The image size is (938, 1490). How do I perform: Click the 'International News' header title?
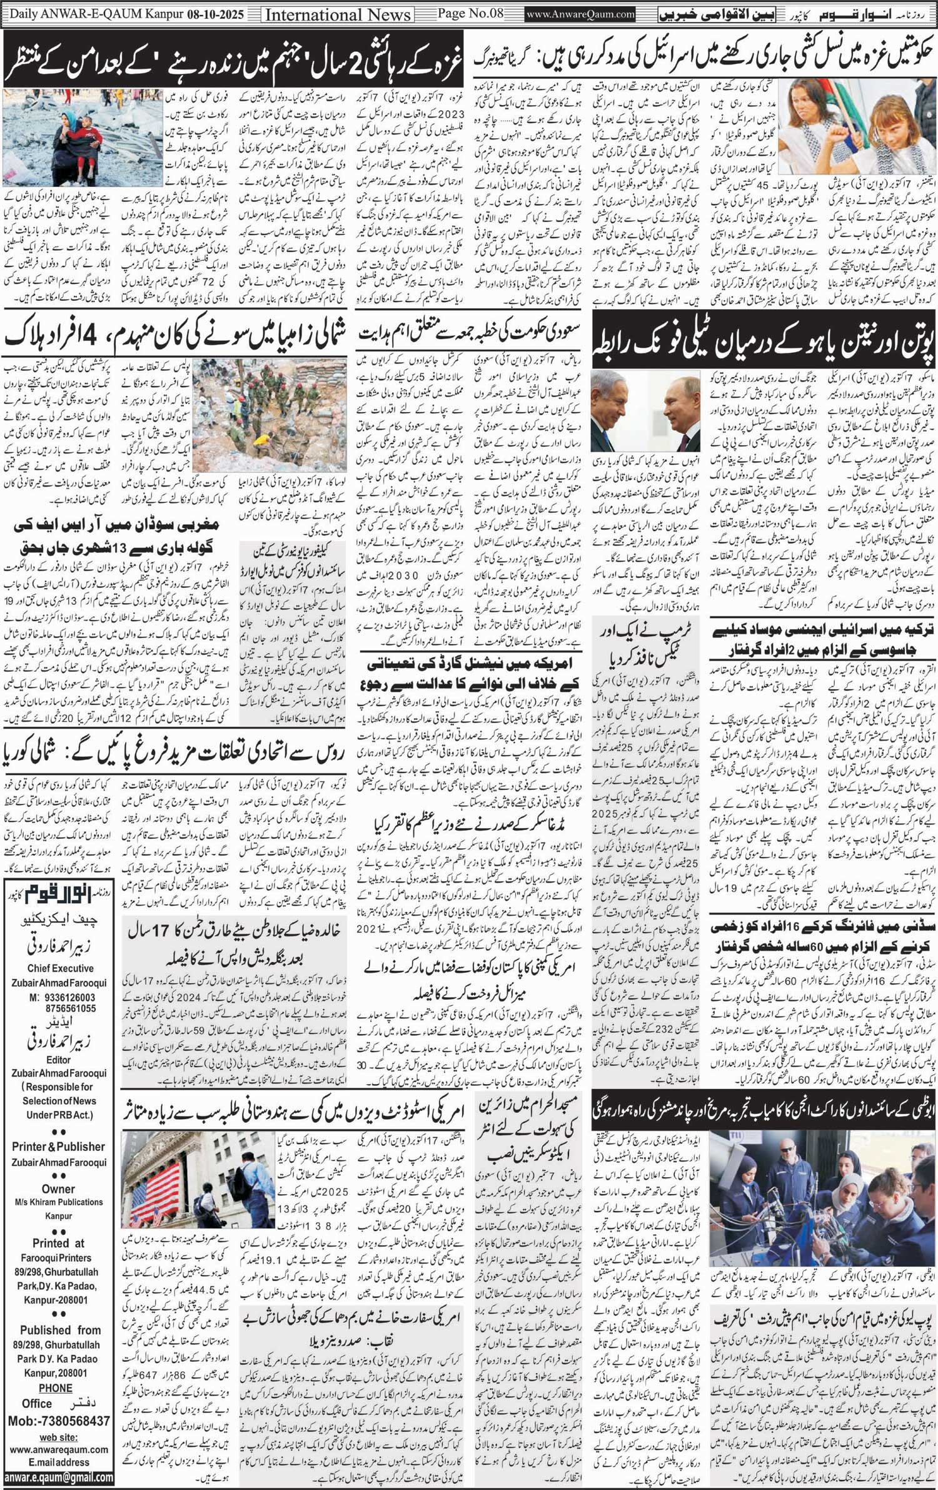tap(338, 14)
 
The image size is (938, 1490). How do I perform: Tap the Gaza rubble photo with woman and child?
tap(82, 138)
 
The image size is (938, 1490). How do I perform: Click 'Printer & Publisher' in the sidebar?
tap(59, 1146)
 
